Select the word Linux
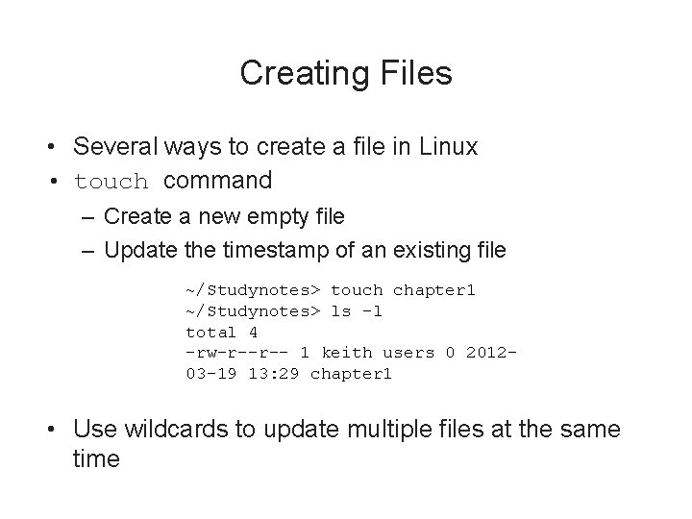click(x=447, y=147)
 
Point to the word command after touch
click(x=218, y=180)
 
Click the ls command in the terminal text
click(x=340, y=310)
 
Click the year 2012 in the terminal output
click(x=490, y=353)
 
